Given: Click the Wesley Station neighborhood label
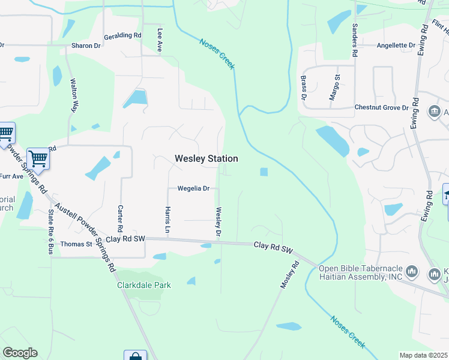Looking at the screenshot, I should pyautogui.click(x=206, y=158).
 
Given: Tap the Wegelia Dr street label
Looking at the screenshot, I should pyautogui.click(x=193, y=188).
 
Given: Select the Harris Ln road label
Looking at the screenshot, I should pyautogui.click(x=167, y=220).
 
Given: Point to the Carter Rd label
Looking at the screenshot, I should pyautogui.click(x=120, y=220).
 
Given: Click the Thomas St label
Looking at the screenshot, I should pyautogui.click(x=76, y=244).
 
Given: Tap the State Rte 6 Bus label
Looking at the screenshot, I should pyautogui.click(x=50, y=231).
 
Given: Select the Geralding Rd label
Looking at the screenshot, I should pyautogui.click(x=122, y=36).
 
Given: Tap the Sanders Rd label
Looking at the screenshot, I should pyautogui.click(x=355, y=41).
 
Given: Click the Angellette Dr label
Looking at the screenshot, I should pyautogui.click(x=396, y=46).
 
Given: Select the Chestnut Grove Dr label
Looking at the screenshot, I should pyautogui.click(x=381, y=107).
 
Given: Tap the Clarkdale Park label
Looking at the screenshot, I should pyautogui.click(x=143, y=285).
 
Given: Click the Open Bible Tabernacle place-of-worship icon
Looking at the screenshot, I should pyautogui.click(x=412, y=272).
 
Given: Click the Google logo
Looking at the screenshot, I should pyautogui.click(x=20, y=353).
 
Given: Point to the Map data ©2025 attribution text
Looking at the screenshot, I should pyautogui.click(x=424, y=355).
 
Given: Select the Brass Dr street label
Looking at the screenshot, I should pyautogui.click(x=304, y=88).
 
